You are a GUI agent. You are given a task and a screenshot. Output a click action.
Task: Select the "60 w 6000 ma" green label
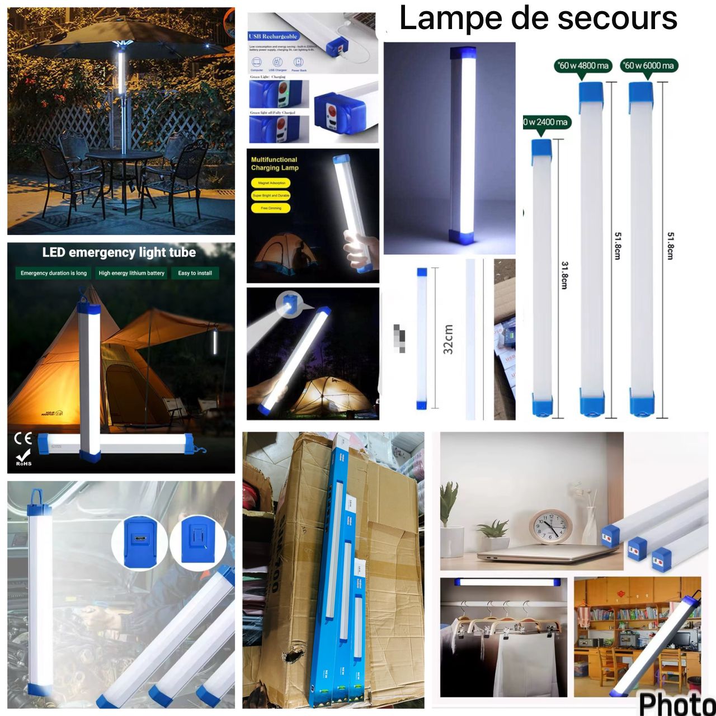pyautogui.click(x=649, y=66)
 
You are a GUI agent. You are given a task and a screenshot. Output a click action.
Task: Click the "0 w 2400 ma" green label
pyautogui.click(x=546, y=123)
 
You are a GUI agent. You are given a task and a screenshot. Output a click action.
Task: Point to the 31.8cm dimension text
pyautogui.click(x=564, y=275)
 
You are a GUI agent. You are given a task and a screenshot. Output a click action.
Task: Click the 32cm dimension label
pyautogui.click(x=448, y=339)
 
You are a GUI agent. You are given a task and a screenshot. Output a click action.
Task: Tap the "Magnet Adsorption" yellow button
pyautogui.click(x=271, y=183)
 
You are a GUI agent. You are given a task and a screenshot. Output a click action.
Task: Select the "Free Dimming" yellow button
pyautogui.click(x=271, y=208)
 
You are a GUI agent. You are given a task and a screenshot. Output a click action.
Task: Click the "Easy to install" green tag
pyautogui.click(x=195, y=273)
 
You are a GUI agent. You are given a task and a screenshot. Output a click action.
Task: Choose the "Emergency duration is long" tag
pyautogui.click(x=54, y=273)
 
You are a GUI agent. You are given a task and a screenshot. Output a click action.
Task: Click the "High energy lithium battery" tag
pyautogui.click(x=131, y=273)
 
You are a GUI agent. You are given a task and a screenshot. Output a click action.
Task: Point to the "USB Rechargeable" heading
pyautogui.click(x=272, y=36)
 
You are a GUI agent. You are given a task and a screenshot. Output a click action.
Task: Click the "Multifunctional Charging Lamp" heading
pyautogui.click(x=275, y=163)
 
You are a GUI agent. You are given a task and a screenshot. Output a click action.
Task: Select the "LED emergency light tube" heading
pyautogui.click(x=119, y=253)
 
